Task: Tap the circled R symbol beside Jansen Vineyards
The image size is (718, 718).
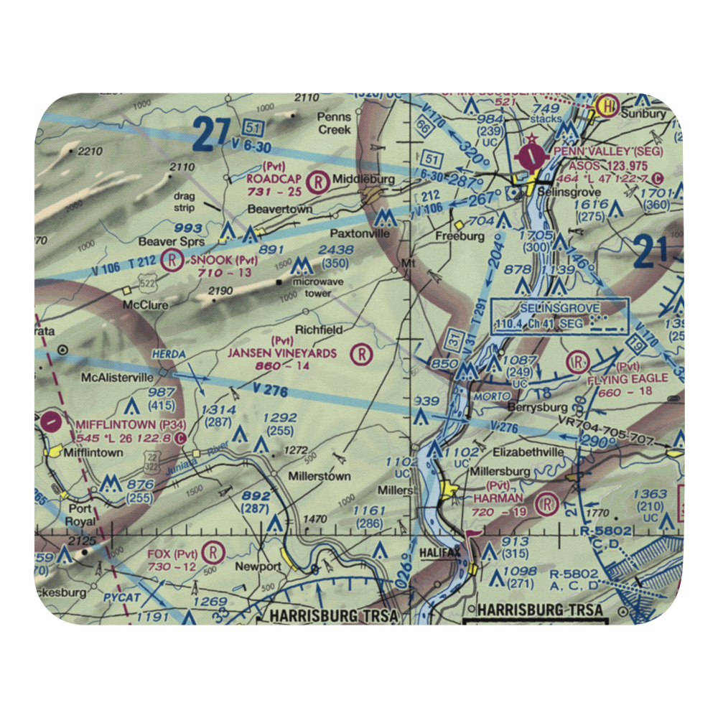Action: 363,353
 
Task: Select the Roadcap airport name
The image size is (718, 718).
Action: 272,177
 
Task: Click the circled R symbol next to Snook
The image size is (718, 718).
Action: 172,259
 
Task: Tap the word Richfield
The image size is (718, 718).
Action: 319,330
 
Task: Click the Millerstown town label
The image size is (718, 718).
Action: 319,476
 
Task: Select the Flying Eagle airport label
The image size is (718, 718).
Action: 628,378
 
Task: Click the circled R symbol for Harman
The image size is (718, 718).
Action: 549,504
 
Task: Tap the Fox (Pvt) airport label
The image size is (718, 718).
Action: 172,554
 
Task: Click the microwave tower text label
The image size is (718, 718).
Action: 312,288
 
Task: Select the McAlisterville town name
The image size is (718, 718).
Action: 118,376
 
